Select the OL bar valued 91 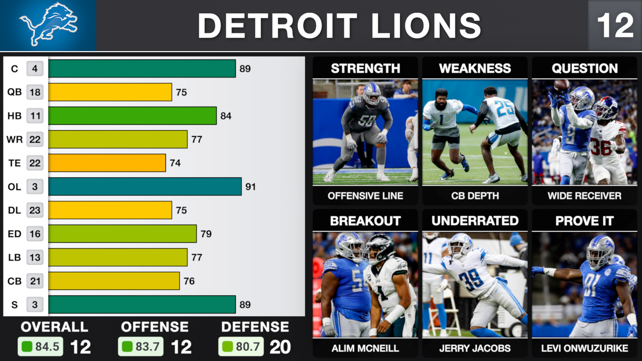[145, 187]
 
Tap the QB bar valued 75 [110, 92]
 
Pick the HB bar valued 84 [132, 116]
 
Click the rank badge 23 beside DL [35, 210]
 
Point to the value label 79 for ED [206, 234]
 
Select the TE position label [14, 163]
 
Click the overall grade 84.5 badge [40, 347]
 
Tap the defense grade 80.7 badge [241, 347]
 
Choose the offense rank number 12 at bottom [181, 347]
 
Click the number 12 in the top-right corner [615, 25]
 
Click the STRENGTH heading [365, 69]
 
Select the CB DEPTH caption [475, 196]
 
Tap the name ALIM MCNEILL [365, 348]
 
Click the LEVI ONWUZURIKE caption [584, 348]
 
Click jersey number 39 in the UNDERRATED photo [471, 279]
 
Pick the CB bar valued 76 [114, 281]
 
